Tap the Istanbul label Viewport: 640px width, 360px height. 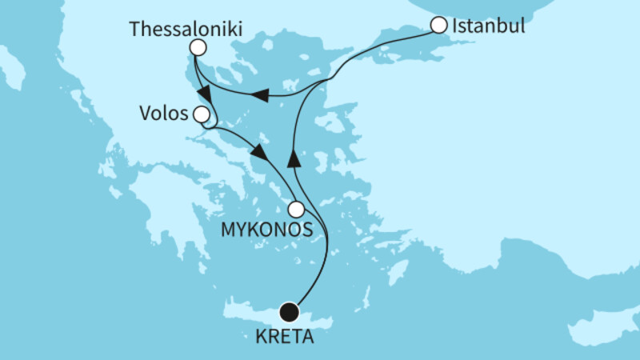click(x=488, y=26)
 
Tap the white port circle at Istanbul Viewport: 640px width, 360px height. click(x=438, y=26)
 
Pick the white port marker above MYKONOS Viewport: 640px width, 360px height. click(x=296, y=210)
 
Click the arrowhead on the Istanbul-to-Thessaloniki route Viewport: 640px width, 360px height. click(x=259, y=96)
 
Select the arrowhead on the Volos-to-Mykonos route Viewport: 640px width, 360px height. click(x=258, y=152)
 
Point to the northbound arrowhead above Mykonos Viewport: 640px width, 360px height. click(x=294, y=157)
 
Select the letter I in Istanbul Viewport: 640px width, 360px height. click(x=455, y=26)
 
